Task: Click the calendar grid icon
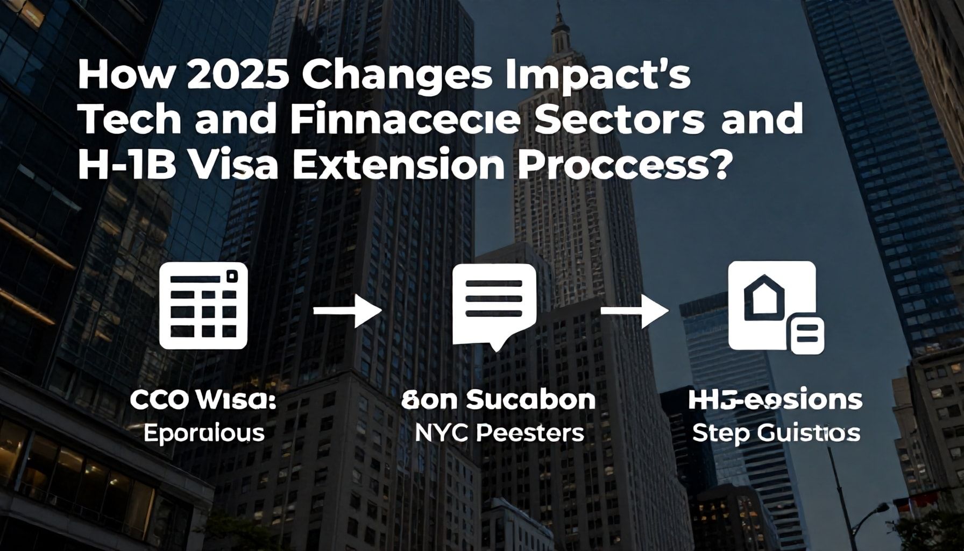[x=204, y=306]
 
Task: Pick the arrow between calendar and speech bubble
[x=347, y=310]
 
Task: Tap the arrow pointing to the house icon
[x=635, y=310]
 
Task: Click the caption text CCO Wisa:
[x=203, y=401]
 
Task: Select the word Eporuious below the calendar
[x=204, y=433]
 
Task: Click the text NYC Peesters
[x=499, y=433]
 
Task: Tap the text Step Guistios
[x=775, y=433]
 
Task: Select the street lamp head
[x=880, y=508]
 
